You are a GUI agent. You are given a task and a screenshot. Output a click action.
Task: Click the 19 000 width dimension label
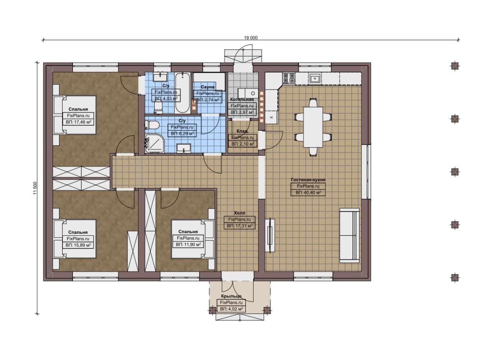click(x=251, y=38)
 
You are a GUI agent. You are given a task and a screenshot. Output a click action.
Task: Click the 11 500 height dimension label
click(x=35, y=188)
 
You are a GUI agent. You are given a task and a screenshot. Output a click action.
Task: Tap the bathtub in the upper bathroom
click(x=182, y=93)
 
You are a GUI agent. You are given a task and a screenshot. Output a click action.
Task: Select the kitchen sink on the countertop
click(x=315, y=78)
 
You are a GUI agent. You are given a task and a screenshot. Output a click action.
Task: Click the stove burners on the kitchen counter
click(x=289, y=79)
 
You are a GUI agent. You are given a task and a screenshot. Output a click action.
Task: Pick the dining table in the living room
click(x=313, y=127)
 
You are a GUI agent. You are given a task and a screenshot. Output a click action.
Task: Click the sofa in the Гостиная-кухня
click(x=349, y=235)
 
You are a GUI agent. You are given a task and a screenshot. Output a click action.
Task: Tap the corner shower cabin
click(x=155, y=143)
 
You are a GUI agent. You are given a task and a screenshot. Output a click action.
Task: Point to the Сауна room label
click(x=208, y=87)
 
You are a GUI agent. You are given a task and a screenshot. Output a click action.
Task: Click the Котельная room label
click(x=242, y=99)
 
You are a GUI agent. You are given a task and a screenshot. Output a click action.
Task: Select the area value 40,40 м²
click(x=308, y=193)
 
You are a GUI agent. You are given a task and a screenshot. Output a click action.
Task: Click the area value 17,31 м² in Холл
click(x=240, y=226)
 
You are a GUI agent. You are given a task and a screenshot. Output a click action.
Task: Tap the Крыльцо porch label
click(x=231, y=296)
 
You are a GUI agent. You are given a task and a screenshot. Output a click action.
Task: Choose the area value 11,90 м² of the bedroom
click(x=188, y=245)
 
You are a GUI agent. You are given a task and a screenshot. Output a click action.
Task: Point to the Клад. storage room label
click(x=242, y=131)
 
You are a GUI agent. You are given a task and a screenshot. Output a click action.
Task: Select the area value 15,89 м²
click(x=78, y=245)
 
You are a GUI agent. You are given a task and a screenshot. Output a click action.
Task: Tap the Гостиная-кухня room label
click(x=308, y=180)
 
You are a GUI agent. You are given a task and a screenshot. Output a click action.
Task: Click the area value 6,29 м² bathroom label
click(x=182, y=134)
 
